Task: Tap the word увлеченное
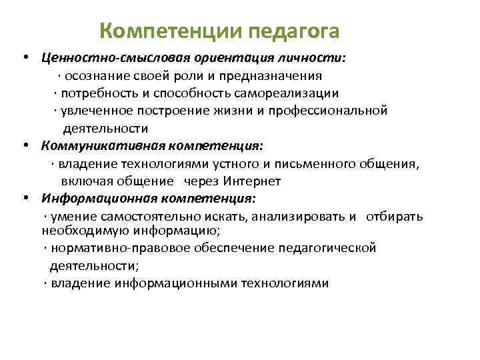click(92, 111)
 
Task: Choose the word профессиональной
click(329, 111)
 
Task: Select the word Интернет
click(252, 181)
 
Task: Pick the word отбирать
click(393, 216)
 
